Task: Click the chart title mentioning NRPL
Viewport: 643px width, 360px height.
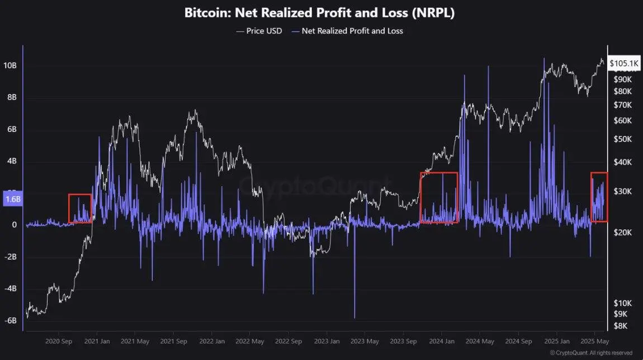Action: pyautogui.click(x=319, y=13)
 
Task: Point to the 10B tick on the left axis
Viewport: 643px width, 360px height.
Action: pyautogui.click(x=11, y=65)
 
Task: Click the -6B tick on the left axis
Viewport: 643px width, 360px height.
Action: pyautogui.click(x=11, y=321)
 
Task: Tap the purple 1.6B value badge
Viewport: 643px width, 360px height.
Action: pyautogui.click(x=13, y=198)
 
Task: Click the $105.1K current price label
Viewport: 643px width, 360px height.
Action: pyautogui.click(x=624, y=64)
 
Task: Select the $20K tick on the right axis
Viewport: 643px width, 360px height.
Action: pyautogui.click(x=622, y=233)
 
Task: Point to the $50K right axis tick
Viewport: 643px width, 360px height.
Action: pyautogui.click(x=622, y=139)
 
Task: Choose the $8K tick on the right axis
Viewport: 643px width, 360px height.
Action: pyautogui.click(x=621, y=326)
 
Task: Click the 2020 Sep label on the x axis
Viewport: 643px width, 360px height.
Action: pyautogui.click(x=59, y=341)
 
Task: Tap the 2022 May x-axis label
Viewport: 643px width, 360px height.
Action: pyautogui.click(x=249, y=341)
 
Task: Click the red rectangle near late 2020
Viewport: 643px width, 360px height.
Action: pyautogui.click(x=80, y=209)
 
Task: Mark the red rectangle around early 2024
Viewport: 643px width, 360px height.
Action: pyautogui.click(x=439, y=198)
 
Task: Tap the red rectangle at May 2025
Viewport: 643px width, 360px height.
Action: pyautogui.click(x=599, y=197)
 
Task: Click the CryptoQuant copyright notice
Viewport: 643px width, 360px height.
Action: pyautogui.click(x=591, y=353)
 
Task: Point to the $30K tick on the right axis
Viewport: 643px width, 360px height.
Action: pyautogui.click(x=622, y=191)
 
